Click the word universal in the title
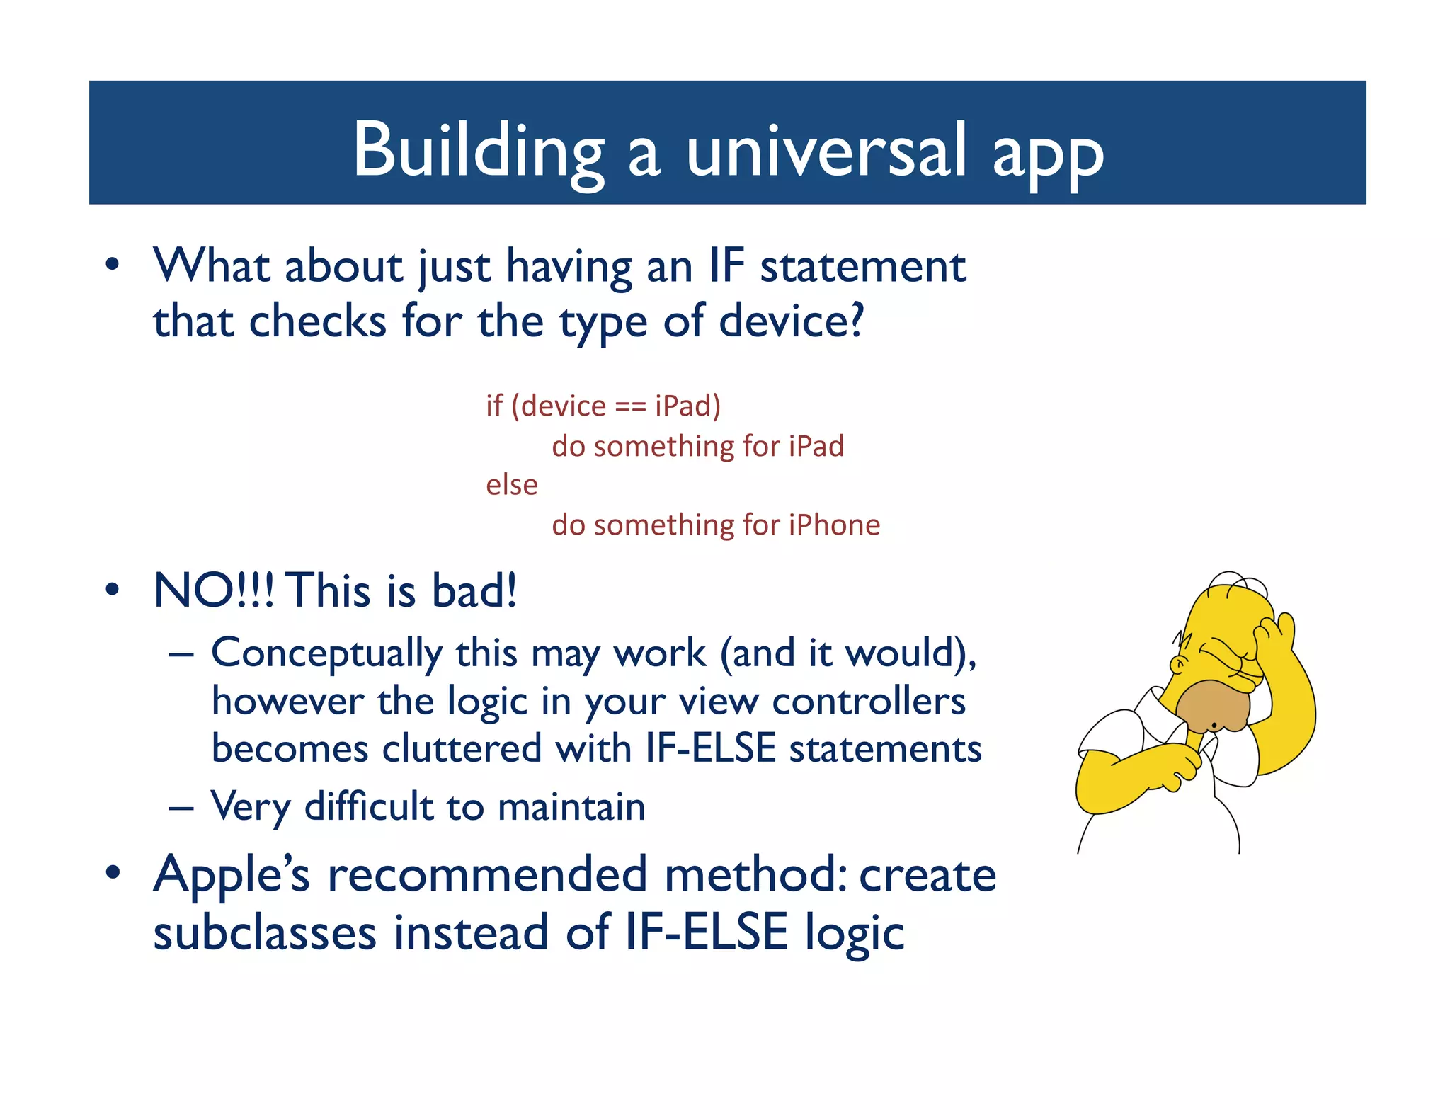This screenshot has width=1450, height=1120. click(826, 150)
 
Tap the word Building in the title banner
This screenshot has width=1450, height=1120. click(478, 150)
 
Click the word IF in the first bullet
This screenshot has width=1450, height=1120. click(726, 267)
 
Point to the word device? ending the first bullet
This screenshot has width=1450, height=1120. click(791, 322)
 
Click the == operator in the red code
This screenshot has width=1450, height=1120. click(629, 406)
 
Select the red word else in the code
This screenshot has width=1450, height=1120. click(511, 485)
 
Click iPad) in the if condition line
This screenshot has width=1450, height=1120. click(687, 406)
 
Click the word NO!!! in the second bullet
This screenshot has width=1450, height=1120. click(214, 590)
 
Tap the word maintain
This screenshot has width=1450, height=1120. click(571, 807)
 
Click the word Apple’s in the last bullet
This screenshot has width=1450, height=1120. click(232, 876)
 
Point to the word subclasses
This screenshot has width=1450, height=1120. click(265, 932)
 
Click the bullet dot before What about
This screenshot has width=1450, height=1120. click(112, 265)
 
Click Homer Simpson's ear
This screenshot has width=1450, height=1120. click(1177, 665)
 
